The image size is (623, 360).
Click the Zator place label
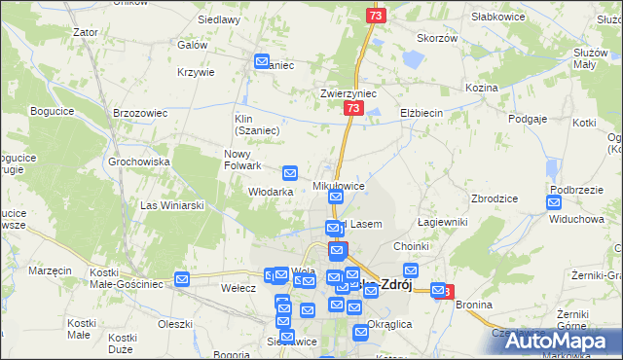[x=86, y=32]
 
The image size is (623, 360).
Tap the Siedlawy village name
[x=219, y=18]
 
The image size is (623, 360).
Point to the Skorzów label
[x=437, y=38]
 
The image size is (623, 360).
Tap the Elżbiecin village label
[x=421, y=113]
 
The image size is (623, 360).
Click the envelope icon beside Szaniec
[x=262, y=61]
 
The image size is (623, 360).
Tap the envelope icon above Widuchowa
[x=554, y=202]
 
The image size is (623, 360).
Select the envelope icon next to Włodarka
[x=290, y=173]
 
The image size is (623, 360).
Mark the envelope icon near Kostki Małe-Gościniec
[x=182, y=280]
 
